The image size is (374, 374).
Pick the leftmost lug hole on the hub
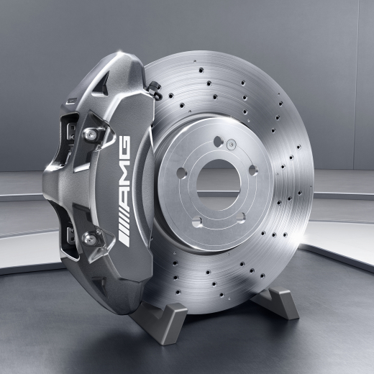pos(181,172)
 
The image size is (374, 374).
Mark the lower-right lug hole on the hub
pos(241,210)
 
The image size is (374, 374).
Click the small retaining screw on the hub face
pos(229,147)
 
